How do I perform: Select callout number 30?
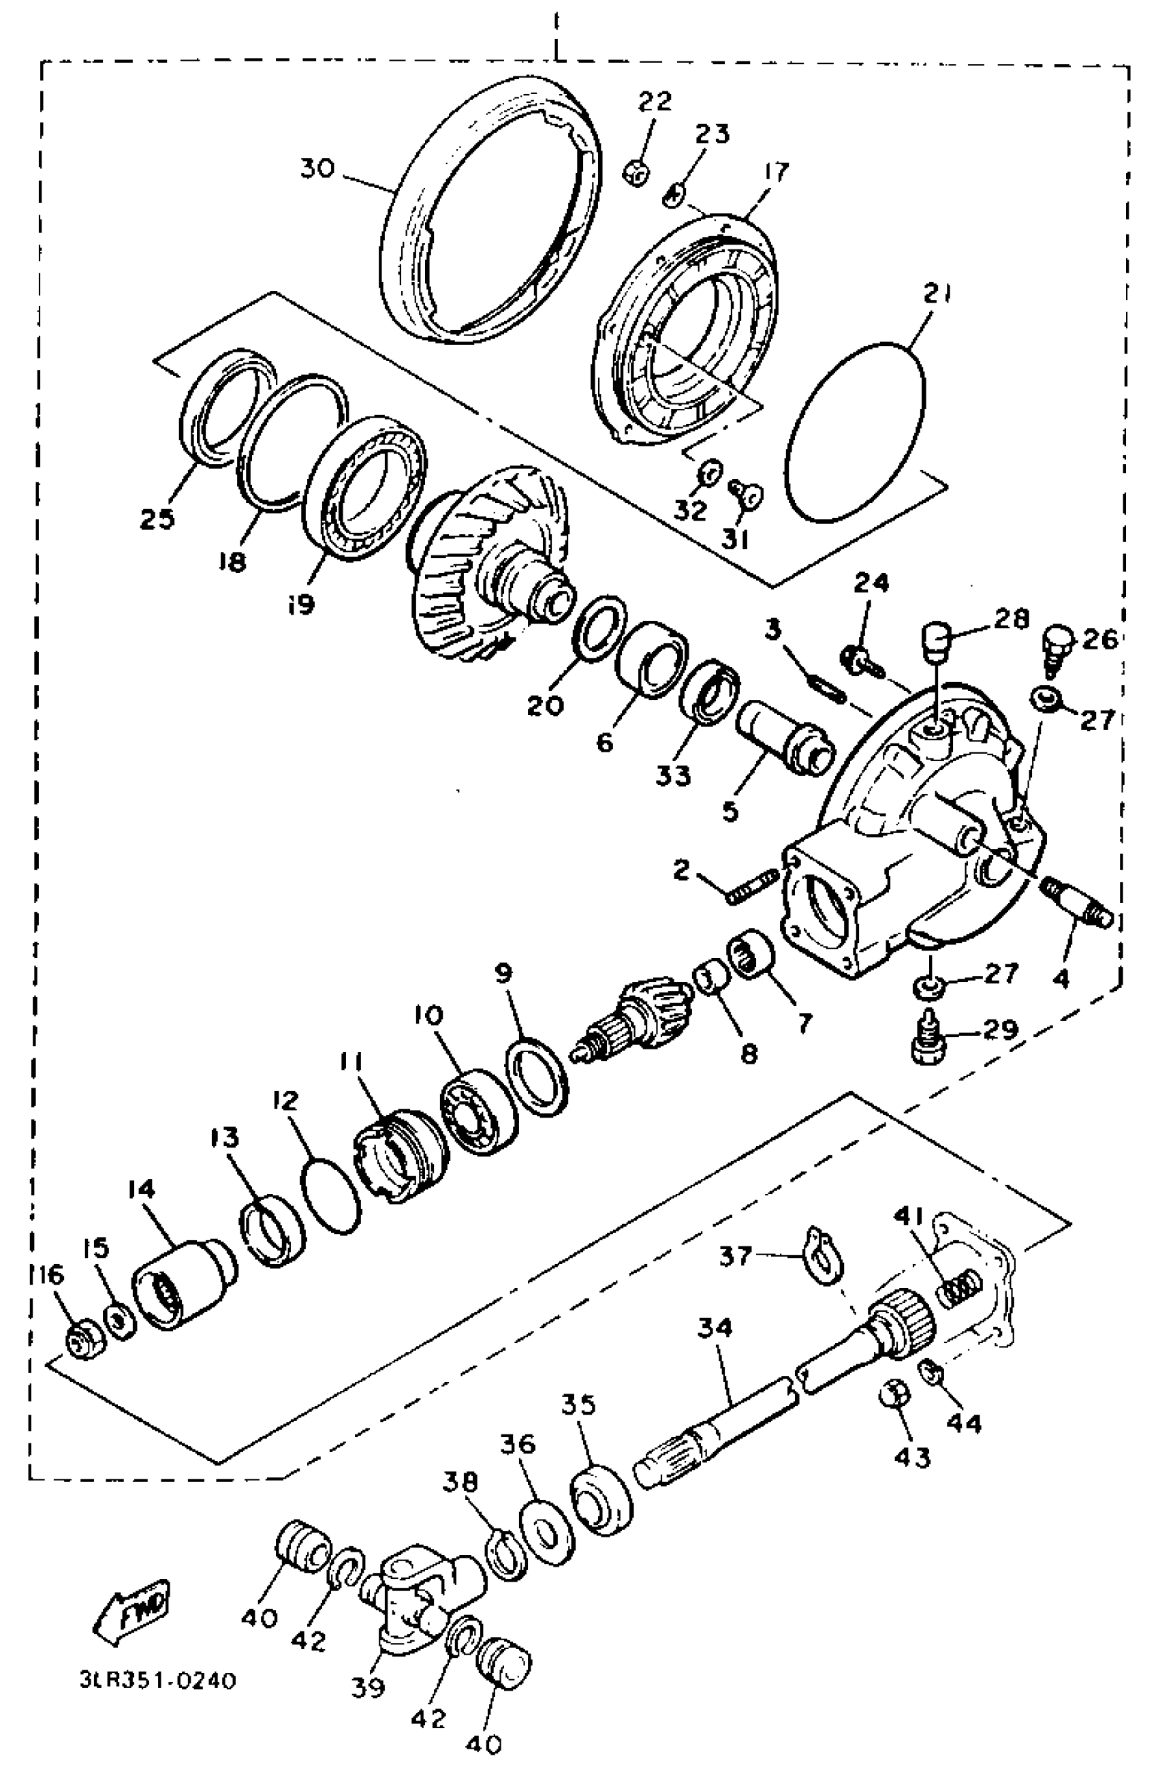click(317, 168)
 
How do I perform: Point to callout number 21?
click(937, 294)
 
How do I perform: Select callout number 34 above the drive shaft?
click(714, 1326)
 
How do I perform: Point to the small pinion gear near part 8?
click(631, 1017)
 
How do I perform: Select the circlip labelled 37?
click(821, 1255)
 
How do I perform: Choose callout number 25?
click(157, 519)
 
